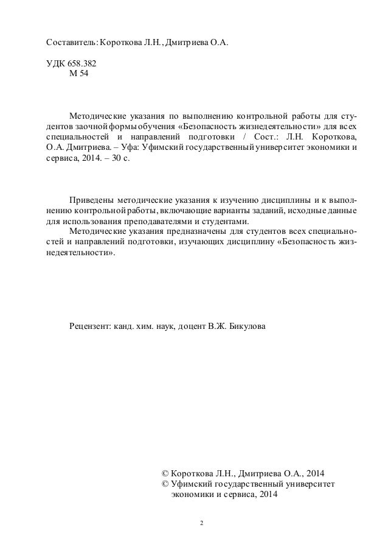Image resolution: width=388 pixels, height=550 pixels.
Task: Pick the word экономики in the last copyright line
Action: (x=193, y=496)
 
